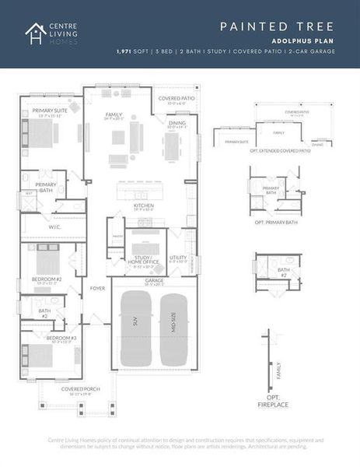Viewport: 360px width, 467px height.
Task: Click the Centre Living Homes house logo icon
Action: (x=34, y=33)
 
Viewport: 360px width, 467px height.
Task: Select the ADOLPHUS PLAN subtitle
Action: (x=304, y=40)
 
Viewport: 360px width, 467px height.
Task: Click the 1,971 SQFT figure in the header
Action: (x=134, y=51)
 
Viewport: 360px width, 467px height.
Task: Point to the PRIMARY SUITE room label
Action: (x=49, y=111)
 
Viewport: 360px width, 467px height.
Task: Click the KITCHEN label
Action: (x=143, y=205)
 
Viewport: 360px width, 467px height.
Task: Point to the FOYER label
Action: (x=97, y=288)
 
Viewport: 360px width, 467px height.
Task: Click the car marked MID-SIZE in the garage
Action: (x=173, y=332)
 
